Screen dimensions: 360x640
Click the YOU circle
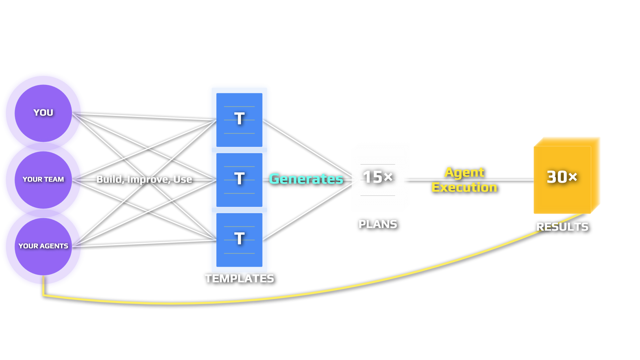(43, 113)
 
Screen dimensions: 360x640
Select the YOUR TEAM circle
(43, 180)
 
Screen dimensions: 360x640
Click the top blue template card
(239, 120)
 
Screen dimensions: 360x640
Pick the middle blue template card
(239, 180)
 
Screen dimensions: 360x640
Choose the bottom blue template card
(239, 240)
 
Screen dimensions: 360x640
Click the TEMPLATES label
(239, 278)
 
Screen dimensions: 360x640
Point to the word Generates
(306, 179)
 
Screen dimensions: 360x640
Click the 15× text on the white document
(378, 177)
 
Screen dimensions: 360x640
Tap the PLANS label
(378, 224)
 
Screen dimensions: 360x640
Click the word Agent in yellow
(464, 172)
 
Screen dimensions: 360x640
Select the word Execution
(464, 187)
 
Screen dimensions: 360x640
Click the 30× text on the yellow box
(562, 177)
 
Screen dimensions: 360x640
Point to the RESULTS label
(562, 227)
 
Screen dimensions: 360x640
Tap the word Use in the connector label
(182, 179)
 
